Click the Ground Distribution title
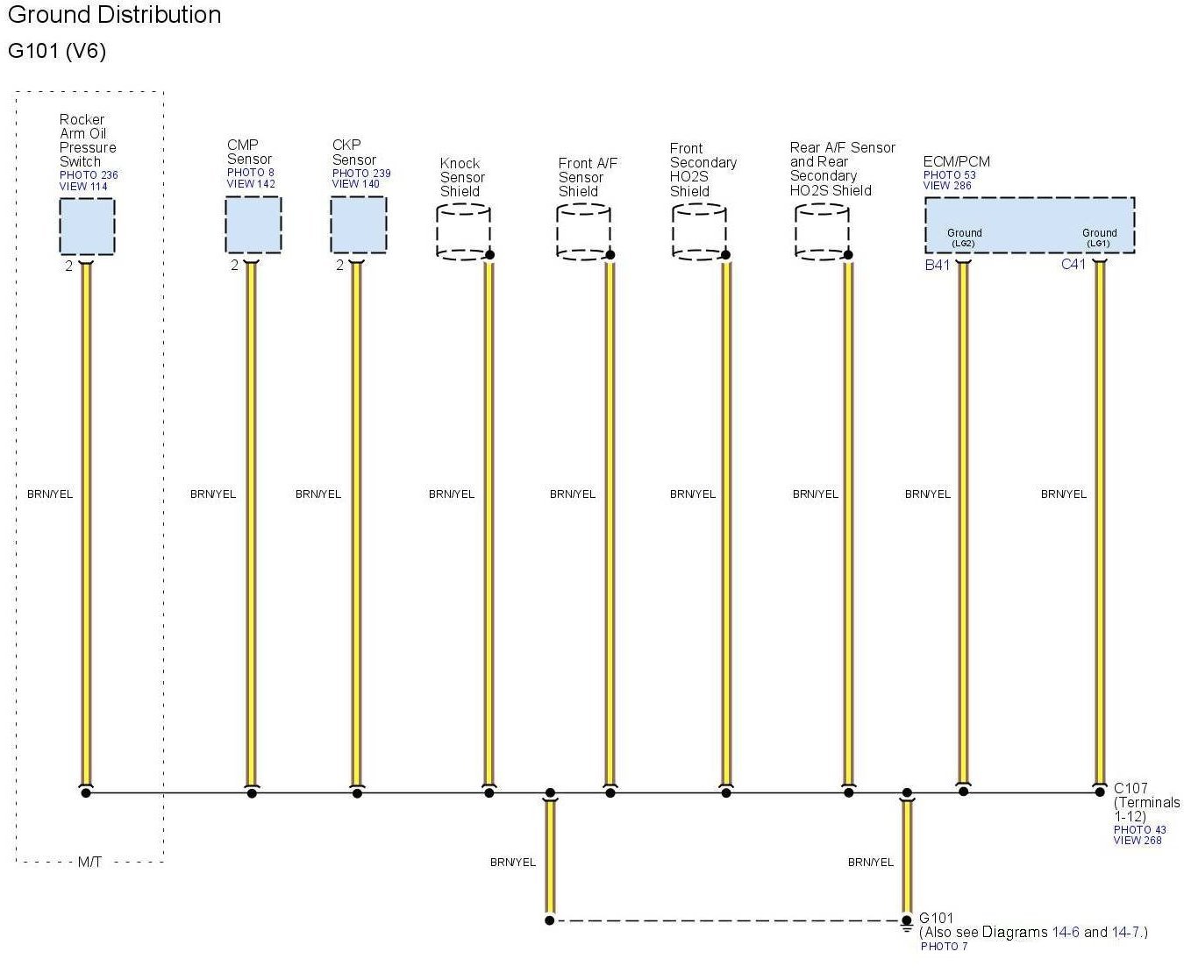[114, 15]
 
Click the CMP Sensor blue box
[253, 225]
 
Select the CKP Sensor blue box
[358, 225]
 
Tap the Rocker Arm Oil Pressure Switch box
[87, 226]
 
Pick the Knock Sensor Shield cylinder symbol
[463, 232]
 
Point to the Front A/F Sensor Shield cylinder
[583, 232]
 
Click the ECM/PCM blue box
[1030, 224]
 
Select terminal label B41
[937, 265]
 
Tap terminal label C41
[1073, 264]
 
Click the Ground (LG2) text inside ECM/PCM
[964, 238]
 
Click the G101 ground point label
[936, 919]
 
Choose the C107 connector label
[1131, 788]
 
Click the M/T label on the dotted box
[89, 862]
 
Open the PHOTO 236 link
[89, 175]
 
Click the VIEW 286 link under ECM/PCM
[947, 186]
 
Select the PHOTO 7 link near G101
[944, 947]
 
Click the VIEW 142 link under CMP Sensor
[251, 184]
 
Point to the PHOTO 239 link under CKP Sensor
[361, 174]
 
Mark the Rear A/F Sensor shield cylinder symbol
[822, 232]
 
